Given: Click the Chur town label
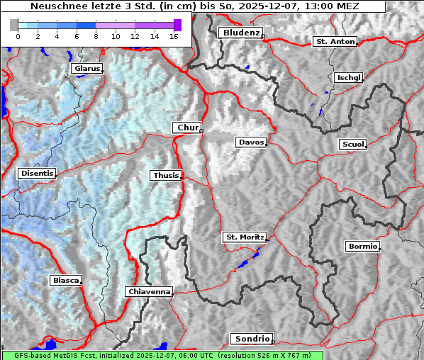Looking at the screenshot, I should click(188, 128).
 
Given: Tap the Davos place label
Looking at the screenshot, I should click(251, 142).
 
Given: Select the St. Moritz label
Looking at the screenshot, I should click(244, 237).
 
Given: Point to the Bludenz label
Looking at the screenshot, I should click(240, 33).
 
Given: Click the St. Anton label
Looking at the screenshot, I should click(335, 42).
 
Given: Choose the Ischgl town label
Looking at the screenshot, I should click(349, 77).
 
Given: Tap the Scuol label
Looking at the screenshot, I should click(352, 144).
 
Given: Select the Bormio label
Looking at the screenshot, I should click(362, 247).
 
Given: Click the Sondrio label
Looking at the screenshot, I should click(251, 339).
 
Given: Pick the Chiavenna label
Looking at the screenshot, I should click(149, 291).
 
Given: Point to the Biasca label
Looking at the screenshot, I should click(66, 281).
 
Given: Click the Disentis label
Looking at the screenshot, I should click(37, 173).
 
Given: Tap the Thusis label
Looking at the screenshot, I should click(166, 175).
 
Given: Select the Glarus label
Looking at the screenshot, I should click(87, 69).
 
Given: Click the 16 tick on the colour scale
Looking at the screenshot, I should click(174, 36).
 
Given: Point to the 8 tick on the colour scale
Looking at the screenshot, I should click(96, 36).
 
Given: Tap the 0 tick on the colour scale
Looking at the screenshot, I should click(18, 36).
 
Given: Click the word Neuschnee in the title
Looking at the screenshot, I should click(57, 6).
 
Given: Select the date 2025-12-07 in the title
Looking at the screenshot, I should click(284, 6).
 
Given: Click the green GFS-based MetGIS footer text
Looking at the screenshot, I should click(162, 355).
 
